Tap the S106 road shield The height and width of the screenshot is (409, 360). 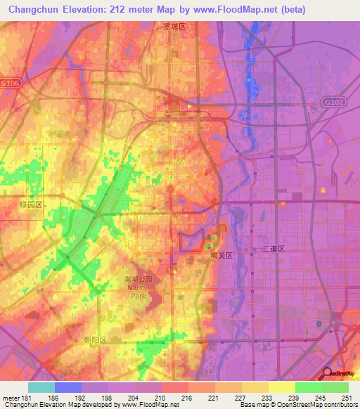[x=12, y=82]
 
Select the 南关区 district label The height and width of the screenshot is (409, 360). [x=221, y=257]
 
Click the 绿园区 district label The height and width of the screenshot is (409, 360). [x=32, y=203]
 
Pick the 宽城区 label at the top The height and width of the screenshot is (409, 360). [x=174, y=26]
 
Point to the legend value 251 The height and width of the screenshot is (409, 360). [x=347, y=397]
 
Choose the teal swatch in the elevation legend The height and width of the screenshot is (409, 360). [x=41, y=387]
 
